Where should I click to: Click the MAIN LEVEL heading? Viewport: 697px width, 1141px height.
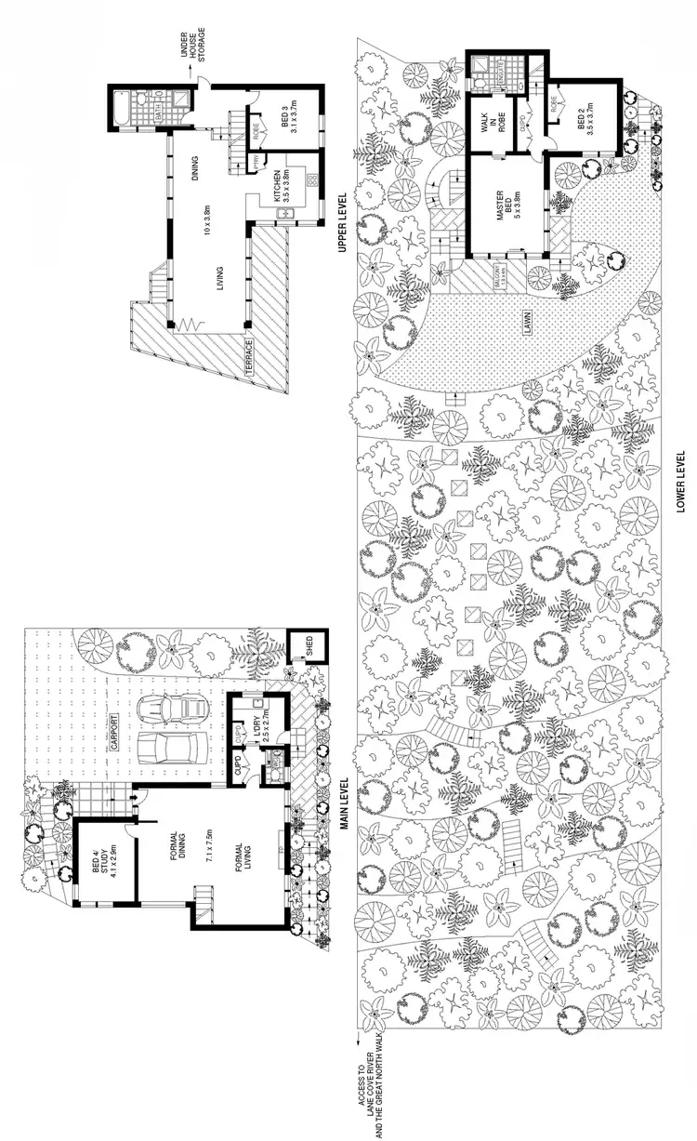(342, 805)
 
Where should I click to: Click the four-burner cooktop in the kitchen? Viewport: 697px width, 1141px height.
(313, 179)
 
